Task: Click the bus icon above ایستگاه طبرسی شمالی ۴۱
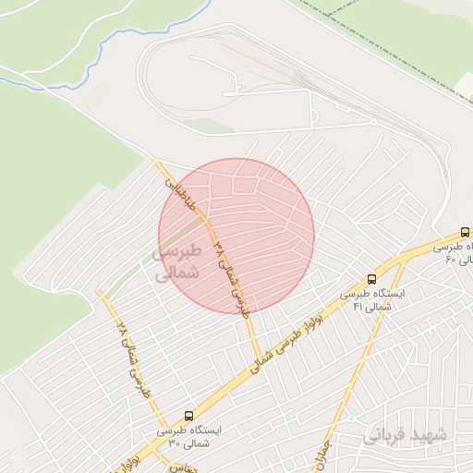[372, 279]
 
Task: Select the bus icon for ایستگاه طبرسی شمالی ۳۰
[189, 416]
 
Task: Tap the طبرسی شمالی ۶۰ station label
[452, 252]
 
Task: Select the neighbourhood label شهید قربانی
[407, 434]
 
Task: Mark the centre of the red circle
[236, 236]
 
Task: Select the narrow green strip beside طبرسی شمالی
[139, 268]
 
